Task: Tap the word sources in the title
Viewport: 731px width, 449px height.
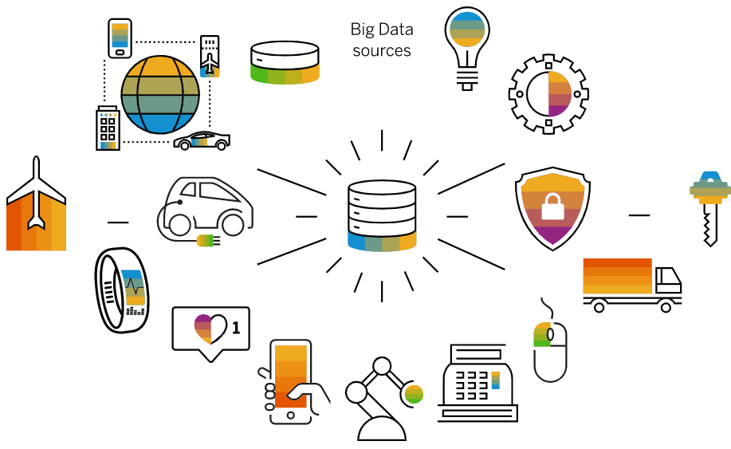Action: tap(382, 50)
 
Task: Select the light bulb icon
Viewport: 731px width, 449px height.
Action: tap(466, 49)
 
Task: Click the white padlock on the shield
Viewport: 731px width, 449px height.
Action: tap(552, 207)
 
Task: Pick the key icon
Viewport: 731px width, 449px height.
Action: tap(709, 208)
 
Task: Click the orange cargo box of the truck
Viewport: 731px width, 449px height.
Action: tap(617, 276)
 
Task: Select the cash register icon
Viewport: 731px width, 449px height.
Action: tap(478, 384)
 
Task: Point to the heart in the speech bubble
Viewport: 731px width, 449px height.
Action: tap(210, 329)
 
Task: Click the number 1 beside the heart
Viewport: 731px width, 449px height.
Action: tap(236, 328)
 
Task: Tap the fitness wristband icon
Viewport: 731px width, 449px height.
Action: tap(122, 290)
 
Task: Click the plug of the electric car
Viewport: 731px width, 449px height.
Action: tap(208, 241)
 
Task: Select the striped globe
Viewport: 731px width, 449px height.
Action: tap(160, 95)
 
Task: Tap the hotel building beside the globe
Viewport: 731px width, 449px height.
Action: tap(108, 128)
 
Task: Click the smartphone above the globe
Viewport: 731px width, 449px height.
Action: tap(120, 38)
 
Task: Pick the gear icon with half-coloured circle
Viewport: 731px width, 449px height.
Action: tap(548, 94)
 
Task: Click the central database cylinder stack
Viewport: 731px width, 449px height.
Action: tap(382, 216)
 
